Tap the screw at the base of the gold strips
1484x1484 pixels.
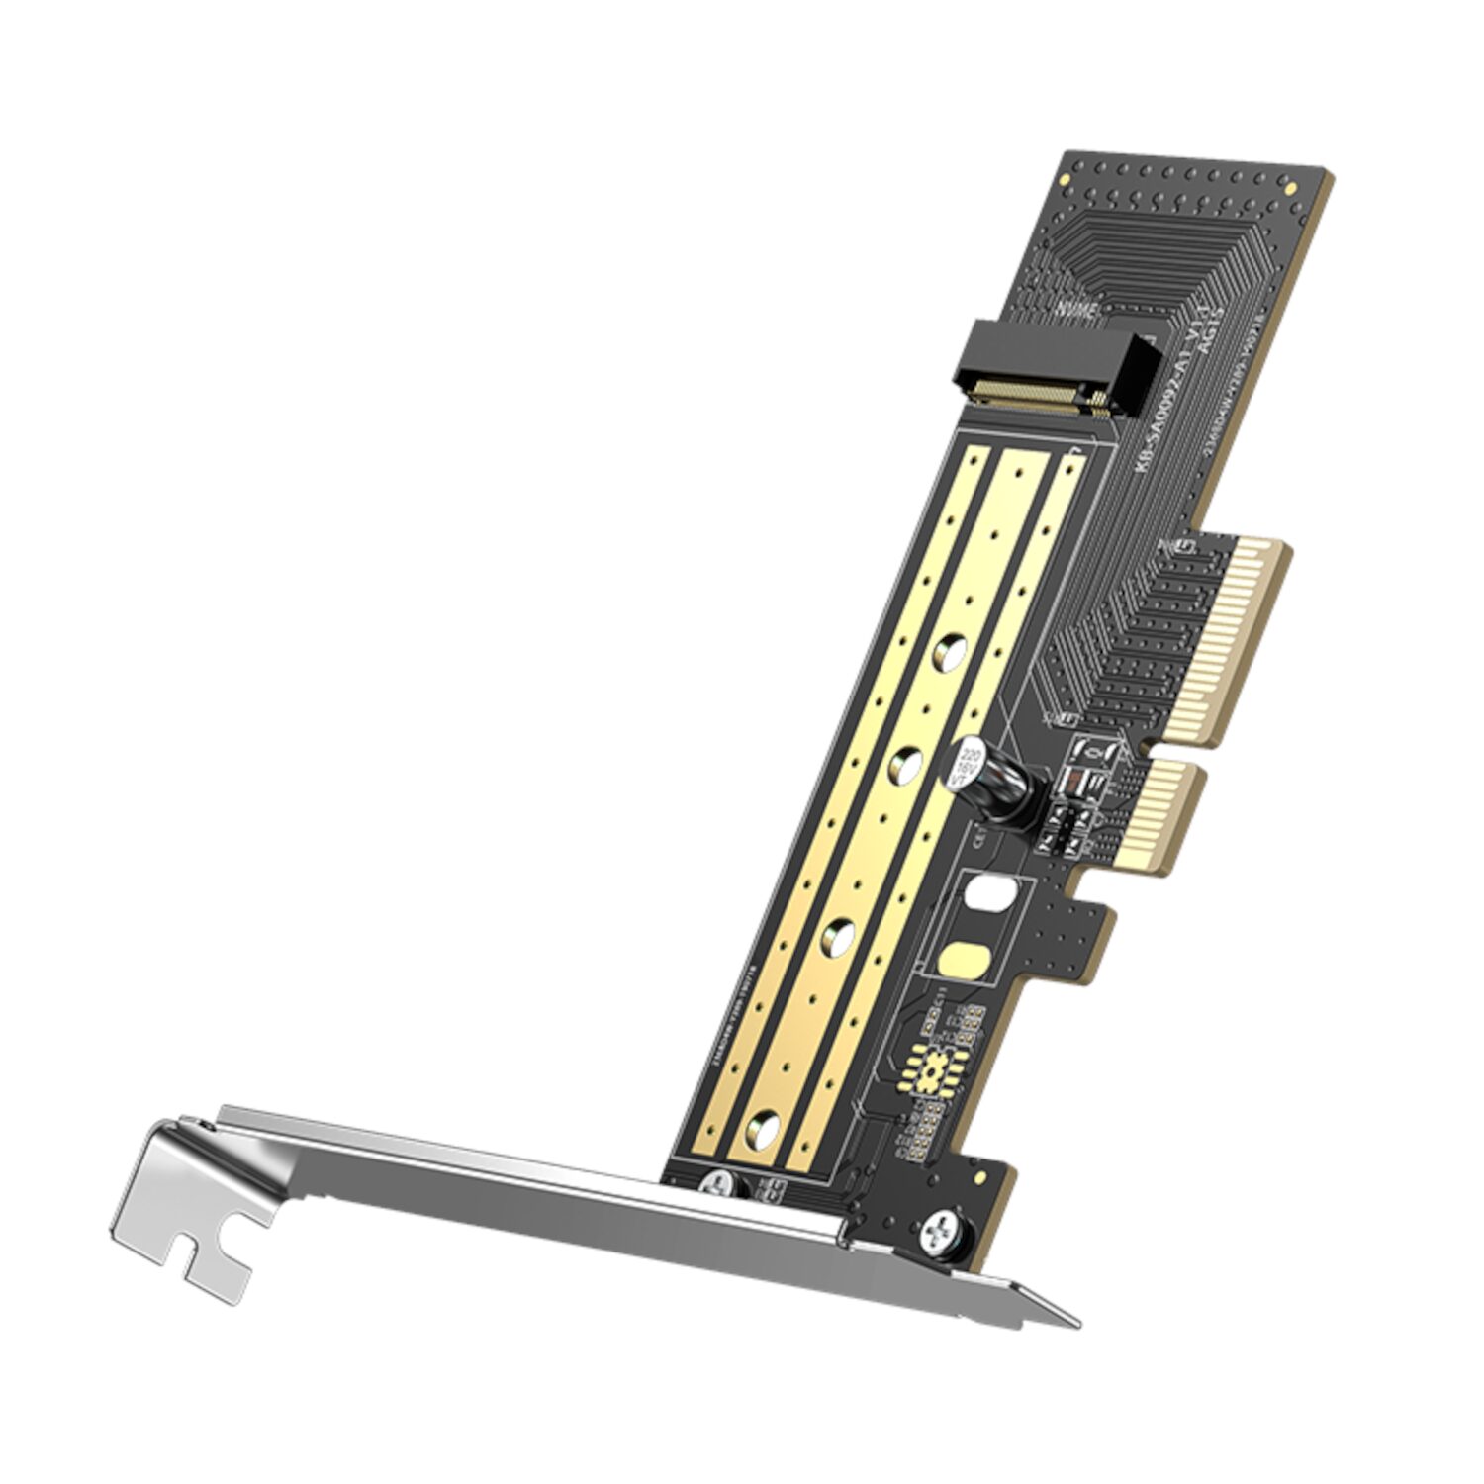(719, 1182)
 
